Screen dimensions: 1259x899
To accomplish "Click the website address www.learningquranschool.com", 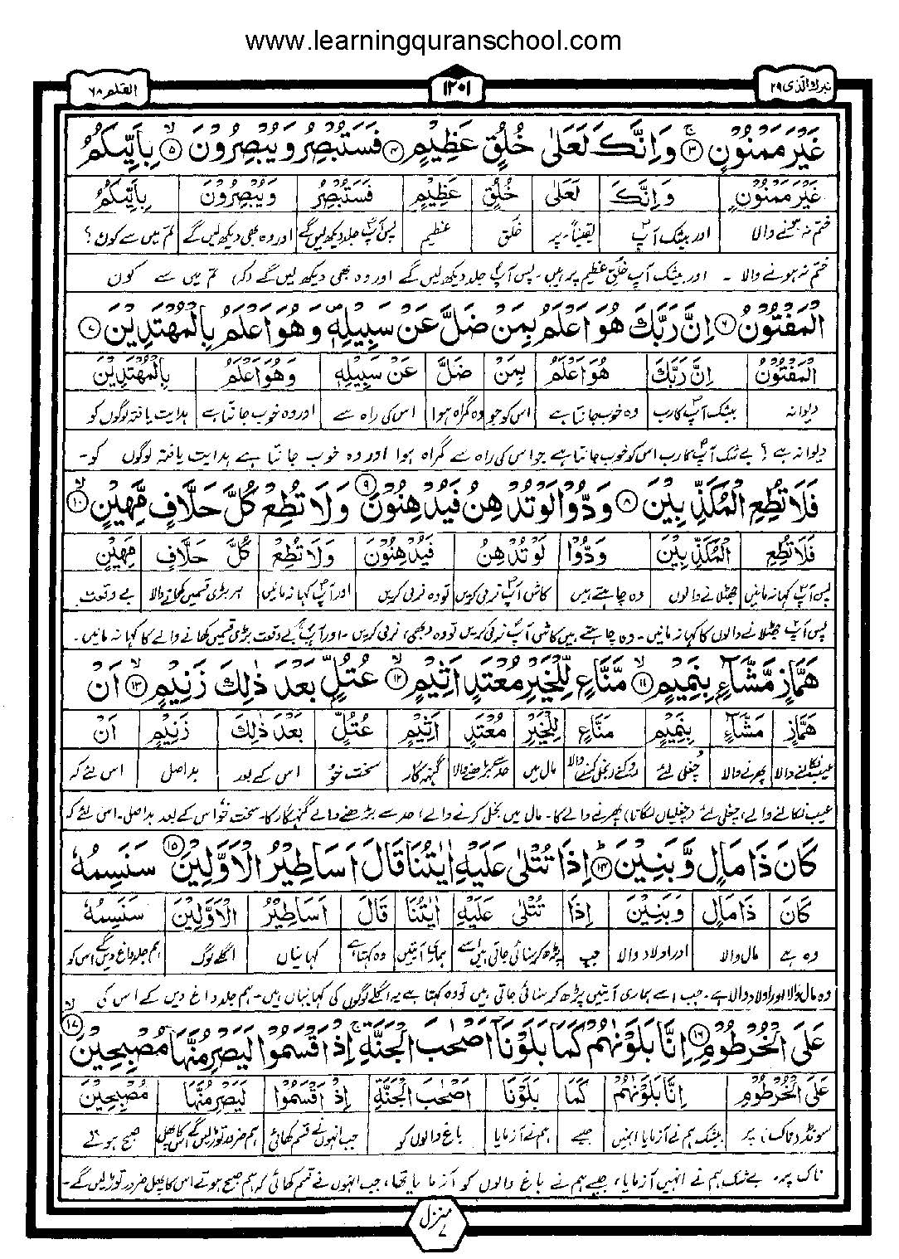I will pos(433,40).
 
